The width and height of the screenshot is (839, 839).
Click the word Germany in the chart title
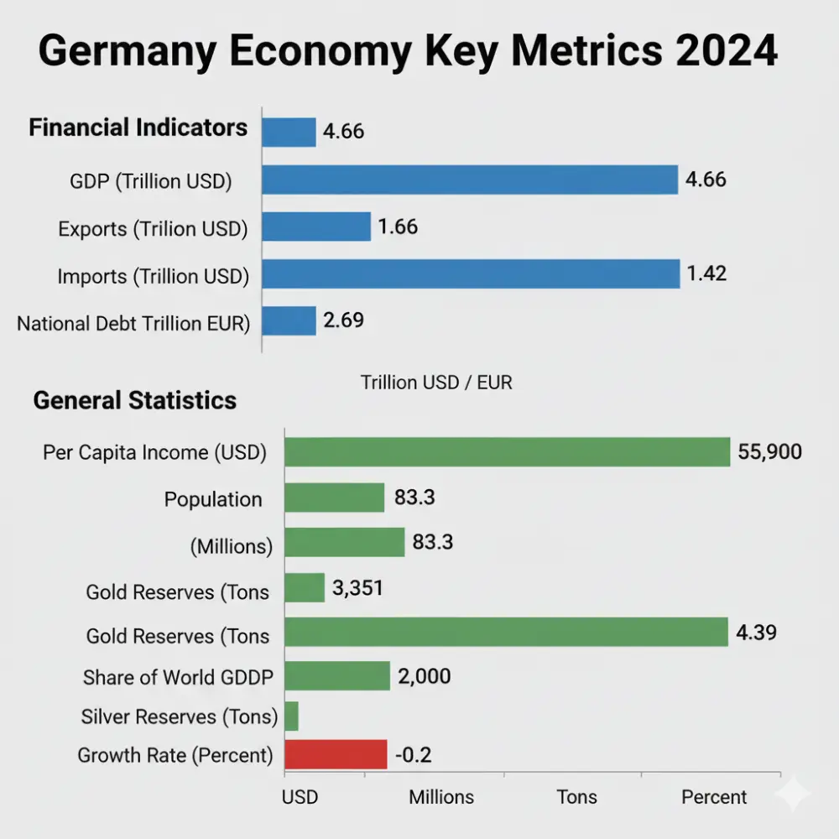(157, 52)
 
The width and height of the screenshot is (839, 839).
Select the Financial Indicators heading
(138, 128)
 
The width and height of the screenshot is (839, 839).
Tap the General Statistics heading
(135, 400)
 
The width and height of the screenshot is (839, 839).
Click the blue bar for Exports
(316, 227)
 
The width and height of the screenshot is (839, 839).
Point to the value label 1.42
(706, 274)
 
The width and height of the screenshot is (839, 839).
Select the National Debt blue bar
(289, 320)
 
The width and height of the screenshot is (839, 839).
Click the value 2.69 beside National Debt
(344, 320)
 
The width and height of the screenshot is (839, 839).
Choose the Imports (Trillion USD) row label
(154, 277)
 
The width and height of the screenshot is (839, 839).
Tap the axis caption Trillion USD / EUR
(436, 383)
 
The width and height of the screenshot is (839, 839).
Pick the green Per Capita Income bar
(508, 452)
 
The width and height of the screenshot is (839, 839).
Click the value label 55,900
(770, 452)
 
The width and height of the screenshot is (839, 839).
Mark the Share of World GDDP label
(179, 677)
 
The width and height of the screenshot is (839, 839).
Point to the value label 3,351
(357, 588)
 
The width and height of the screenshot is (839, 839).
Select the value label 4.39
(756, 632)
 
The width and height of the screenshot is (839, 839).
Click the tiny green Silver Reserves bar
(292, 717)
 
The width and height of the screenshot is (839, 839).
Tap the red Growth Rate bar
(336, 754)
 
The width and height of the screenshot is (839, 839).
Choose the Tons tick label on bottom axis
(577, 796)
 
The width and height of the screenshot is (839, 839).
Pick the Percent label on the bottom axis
(714, 796)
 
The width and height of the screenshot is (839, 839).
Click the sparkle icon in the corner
(793, 793)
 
